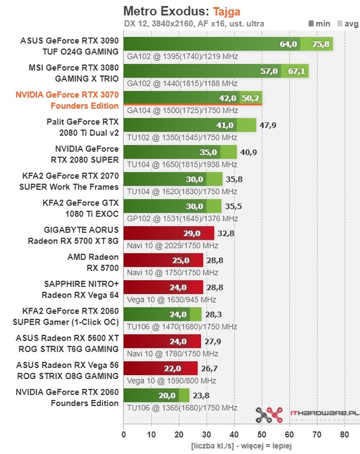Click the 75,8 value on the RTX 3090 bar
click(320, 44)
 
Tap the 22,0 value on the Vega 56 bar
click(175, 368)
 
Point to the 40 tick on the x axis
click(234, 435)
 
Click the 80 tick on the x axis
click(344, 435)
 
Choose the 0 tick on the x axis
click(123, 435)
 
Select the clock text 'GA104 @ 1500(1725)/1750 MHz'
click(182, 110)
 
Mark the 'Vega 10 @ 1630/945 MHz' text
click(171, 299)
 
